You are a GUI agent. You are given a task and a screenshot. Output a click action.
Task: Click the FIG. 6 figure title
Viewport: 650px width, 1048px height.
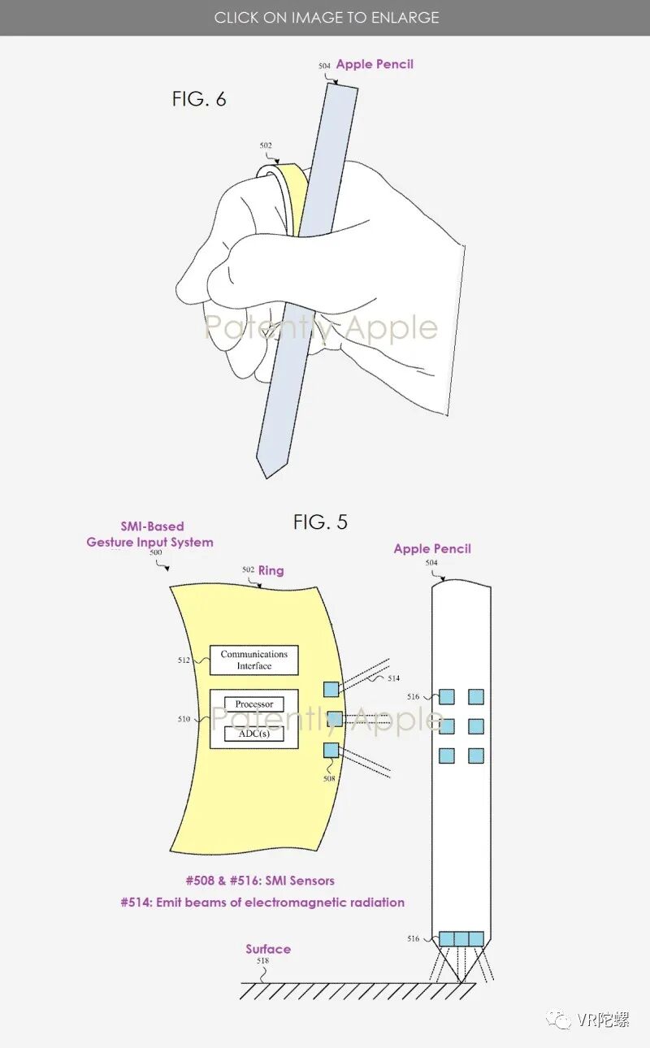[199, 99]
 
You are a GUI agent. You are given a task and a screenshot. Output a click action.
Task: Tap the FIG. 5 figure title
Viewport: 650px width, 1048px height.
[320, 522]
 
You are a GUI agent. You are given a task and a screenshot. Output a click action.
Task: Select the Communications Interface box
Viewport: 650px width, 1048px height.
[254, 660]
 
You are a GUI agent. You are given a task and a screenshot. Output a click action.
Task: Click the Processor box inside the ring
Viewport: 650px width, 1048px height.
[254, 704]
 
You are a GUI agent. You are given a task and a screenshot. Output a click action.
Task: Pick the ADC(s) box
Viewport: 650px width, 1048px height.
[254, 733]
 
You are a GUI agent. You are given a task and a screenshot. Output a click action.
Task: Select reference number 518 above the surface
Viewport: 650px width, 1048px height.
[262, 961]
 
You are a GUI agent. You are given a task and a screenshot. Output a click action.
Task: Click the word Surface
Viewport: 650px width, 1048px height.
[268, 949]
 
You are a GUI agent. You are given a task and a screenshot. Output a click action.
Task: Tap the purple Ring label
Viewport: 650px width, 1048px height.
[271, 570]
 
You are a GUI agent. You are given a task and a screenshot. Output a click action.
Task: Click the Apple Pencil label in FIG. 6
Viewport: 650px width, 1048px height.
[375, 64]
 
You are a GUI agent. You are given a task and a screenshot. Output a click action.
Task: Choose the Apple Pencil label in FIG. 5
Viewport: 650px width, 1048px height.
[432, 548]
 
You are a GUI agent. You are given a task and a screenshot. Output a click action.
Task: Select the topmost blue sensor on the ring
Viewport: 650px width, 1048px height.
[331, 689]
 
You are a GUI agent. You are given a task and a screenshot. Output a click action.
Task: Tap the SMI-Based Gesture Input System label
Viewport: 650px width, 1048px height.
[150, 535]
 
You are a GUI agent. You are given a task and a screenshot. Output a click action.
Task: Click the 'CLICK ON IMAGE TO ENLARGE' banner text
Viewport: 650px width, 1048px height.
[327, 17]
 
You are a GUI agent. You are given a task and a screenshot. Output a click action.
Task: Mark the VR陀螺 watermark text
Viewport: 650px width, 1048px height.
[602, 1020]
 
